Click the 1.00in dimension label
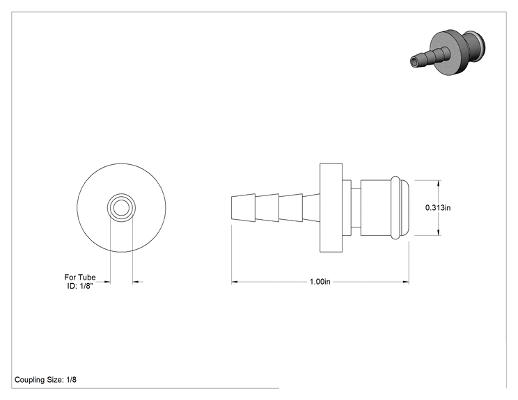[320, 282]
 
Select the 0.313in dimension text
[438, 207]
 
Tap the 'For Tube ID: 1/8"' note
[80, 282]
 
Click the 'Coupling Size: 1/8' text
[45, 380]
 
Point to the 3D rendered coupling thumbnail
[448, 52]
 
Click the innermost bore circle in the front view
[121, 207]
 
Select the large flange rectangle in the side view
[331, 207]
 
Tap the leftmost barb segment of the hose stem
[243, 207]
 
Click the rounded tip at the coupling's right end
[405, 207]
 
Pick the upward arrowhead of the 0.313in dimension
[439, 182]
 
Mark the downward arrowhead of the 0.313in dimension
[439, 232]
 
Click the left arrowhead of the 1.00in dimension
[234, 282]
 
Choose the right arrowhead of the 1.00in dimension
[406, 282]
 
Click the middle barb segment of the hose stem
[267, 207]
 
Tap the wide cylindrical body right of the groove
[376, 207]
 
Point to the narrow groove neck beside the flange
[356, 207]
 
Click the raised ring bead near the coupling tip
[395, 207]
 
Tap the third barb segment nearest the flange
[291, 207]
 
